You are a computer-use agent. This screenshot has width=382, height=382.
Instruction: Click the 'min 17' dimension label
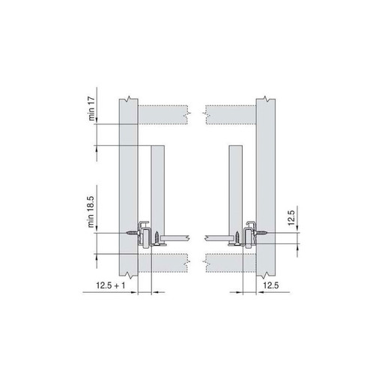(x=91, y=109)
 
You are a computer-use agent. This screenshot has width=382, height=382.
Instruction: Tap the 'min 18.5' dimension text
(x=91, y=212)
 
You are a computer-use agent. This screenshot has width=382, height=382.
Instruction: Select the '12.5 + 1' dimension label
(x=111, y=285)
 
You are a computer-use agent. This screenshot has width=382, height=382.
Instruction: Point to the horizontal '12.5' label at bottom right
(x=271, y=285)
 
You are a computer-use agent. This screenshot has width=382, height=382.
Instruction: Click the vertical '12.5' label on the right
(x=291, y=218)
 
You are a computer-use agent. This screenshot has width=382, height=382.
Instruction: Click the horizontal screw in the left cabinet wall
(x=133, y=233)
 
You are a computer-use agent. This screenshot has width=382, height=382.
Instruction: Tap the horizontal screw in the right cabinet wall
(x=261, y=233)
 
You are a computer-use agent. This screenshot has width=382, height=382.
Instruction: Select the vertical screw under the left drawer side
(x=157, y=239)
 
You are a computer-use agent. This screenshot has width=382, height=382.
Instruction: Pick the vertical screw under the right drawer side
(x=237, y=239)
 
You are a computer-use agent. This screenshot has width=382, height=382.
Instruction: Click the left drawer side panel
(x=158, y=192)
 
